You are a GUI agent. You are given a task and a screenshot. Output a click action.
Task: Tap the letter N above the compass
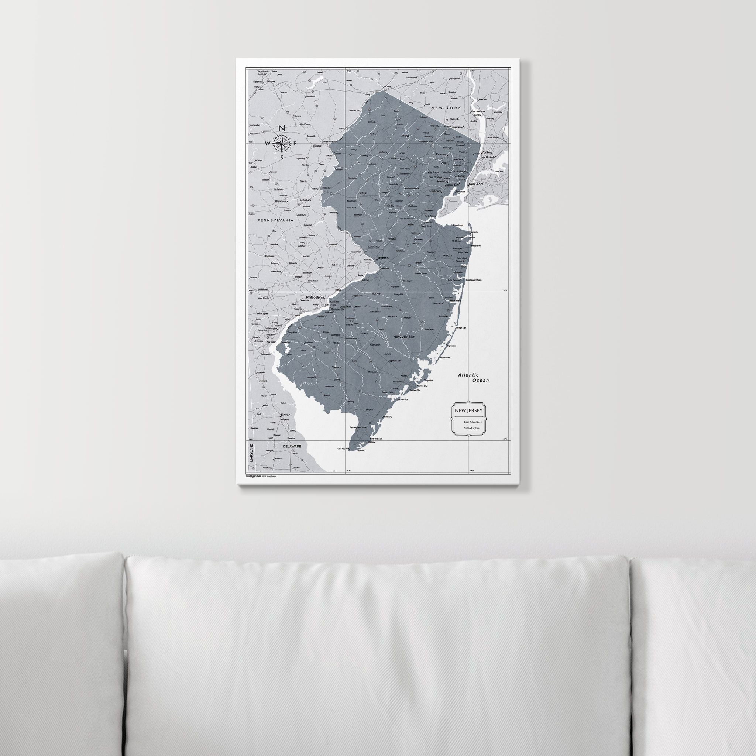(281, 128)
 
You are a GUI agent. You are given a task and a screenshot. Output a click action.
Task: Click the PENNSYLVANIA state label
(275, 220)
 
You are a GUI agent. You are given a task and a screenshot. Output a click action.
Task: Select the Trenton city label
(383, 258)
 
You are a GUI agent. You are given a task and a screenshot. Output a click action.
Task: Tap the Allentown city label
(280, 201)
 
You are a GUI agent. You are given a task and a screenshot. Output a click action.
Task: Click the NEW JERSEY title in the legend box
(468, 411)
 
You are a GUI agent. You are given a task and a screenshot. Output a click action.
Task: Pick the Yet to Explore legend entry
(471, 428)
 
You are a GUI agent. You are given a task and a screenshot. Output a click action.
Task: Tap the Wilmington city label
(271, 328)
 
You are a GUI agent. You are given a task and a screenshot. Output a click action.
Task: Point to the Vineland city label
(337, 367)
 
